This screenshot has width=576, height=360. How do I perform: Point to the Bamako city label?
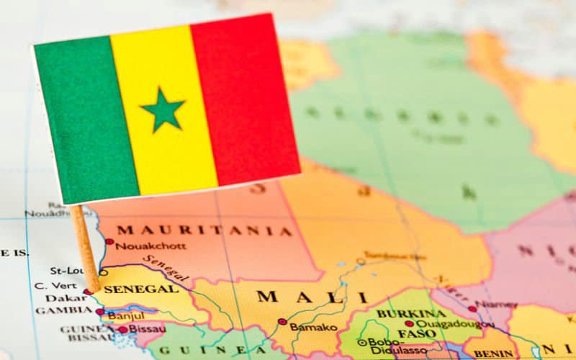(x=312, y=327)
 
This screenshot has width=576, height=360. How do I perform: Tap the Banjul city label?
(x=126, y=315)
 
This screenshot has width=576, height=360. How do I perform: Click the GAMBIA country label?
(x=63, y=310)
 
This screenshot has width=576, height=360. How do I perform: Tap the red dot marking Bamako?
(x=282, y=322)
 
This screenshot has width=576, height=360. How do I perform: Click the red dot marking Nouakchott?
(x=109, y=242)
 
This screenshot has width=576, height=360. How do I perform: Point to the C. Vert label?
(x=51, y=285)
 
